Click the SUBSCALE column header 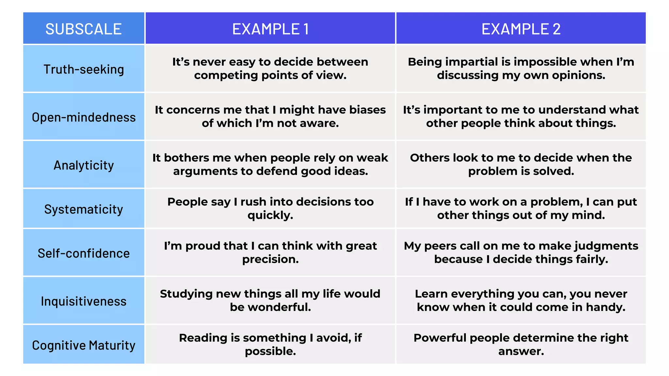click(x=84, y=29)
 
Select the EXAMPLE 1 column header click(x=270, y=29)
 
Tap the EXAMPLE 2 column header click(x=521, y=29)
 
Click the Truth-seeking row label click(x=84, y=69)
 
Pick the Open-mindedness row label click(x=84, y=117)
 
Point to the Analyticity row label click(x=84, y=165)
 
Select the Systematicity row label click(x=84, y=209)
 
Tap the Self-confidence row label click(x=84, y=253)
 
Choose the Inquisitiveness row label click(x=84, y=301)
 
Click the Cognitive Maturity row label click(x=84, y=345)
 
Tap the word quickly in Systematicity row click(x=270, y=215)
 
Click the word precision click(x=270, y=259)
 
